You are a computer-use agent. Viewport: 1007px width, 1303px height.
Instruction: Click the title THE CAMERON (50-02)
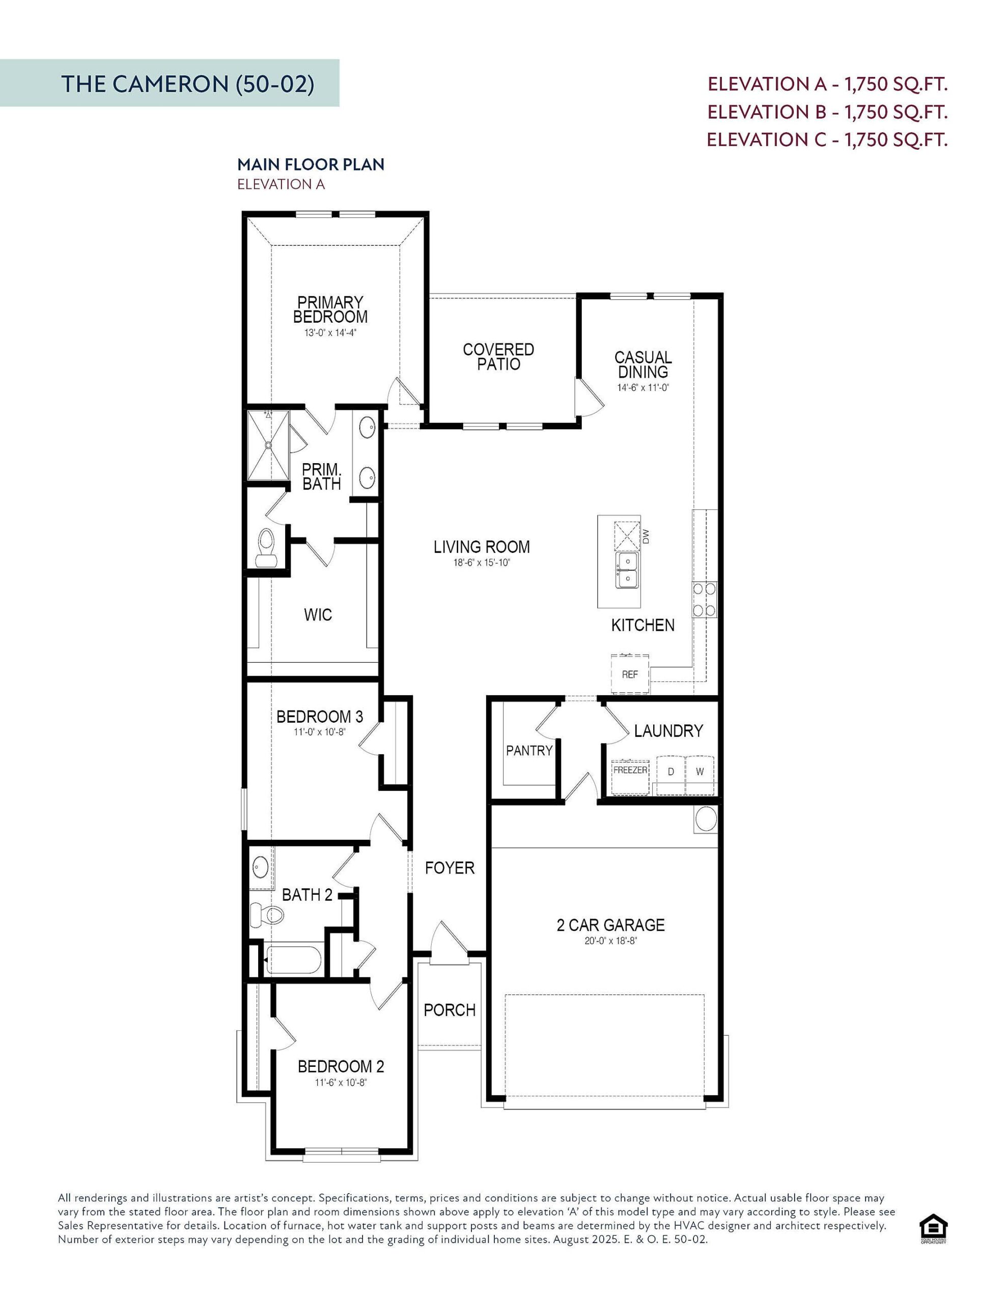[x=187, y=84]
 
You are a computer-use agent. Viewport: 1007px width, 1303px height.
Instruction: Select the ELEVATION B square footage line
[x=827, y=111]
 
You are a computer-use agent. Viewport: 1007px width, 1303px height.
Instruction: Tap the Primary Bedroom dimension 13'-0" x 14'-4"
[x=330, y=333]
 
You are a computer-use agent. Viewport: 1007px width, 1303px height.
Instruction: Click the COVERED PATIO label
[x=498, y=357]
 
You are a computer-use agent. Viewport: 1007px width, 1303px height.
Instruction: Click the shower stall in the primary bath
[x=269, y=444]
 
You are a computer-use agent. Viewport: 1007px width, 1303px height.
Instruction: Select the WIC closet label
[x=318, y=614]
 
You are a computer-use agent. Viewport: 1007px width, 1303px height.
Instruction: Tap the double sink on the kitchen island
[x=627, y=570]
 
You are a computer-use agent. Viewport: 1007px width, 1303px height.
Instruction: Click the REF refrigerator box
[x=630, y=675]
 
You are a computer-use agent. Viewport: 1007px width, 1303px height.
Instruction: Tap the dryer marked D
[x=671, y=772]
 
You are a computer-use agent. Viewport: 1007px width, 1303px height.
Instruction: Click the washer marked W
[x=700, y=772]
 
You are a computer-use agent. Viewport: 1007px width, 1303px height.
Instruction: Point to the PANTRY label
[x=529, y=751]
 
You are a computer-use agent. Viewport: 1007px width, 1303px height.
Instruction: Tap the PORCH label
[x=450, y=1010]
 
